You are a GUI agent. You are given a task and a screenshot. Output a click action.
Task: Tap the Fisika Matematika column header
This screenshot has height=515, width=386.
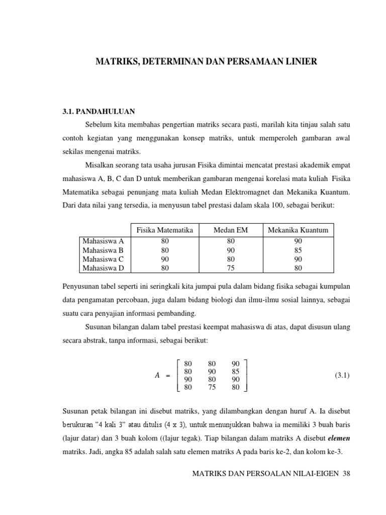[x=165, y=230]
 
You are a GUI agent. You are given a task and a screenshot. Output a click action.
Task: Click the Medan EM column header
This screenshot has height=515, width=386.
[x=231, y=230]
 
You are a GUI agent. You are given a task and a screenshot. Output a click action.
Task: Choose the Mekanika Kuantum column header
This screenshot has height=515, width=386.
[x=298, y=230]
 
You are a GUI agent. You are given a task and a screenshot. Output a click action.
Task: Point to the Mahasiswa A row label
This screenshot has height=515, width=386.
[x=103, y=241]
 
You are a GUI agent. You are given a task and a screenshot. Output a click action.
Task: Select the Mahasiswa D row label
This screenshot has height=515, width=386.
[x=103, y=269]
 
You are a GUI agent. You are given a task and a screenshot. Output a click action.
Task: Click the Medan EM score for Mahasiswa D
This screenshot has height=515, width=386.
[x=231, y=269]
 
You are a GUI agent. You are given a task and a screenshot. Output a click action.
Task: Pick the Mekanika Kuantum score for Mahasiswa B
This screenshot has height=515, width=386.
[x=298, y=250]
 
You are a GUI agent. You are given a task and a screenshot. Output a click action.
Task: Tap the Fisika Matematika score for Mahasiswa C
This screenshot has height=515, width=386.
[x=165, y=260]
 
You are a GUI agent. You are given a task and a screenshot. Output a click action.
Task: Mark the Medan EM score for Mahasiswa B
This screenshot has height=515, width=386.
[x=231, y=250]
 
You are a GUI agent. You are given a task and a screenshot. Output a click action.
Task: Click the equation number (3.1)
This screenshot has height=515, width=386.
[x=342, y=376]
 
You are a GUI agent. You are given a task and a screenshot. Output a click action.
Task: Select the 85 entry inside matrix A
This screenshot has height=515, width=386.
[x=236, y=372]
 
